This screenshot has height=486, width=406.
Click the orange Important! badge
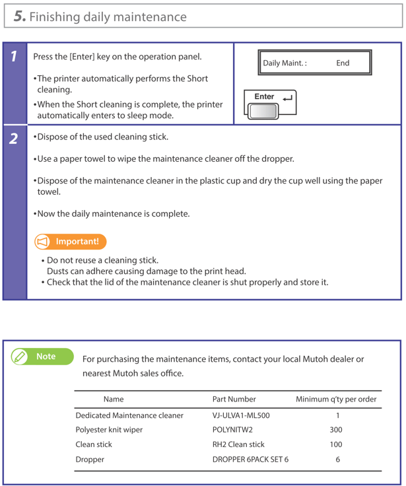(70, 242)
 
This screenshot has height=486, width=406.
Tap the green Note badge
(39, 357)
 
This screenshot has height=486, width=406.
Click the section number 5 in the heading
(20, 16)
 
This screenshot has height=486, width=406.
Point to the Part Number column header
(234, 399)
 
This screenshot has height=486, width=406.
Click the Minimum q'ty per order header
(336, 399)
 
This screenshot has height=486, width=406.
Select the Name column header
(114, 399)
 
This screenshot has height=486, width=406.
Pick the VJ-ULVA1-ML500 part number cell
(240, 415)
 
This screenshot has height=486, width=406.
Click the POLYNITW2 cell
(232, 430)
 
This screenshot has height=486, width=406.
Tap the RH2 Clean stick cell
(238, 444)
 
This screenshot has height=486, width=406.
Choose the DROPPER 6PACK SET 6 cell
(250, 460)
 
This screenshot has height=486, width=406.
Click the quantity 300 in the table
(336, 430)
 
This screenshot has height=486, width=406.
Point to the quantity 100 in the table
(336, 444)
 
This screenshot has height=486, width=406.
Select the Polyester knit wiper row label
(109, 430)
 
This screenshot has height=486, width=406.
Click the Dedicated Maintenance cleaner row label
(129, 415)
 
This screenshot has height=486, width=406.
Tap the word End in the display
(343, 63)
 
